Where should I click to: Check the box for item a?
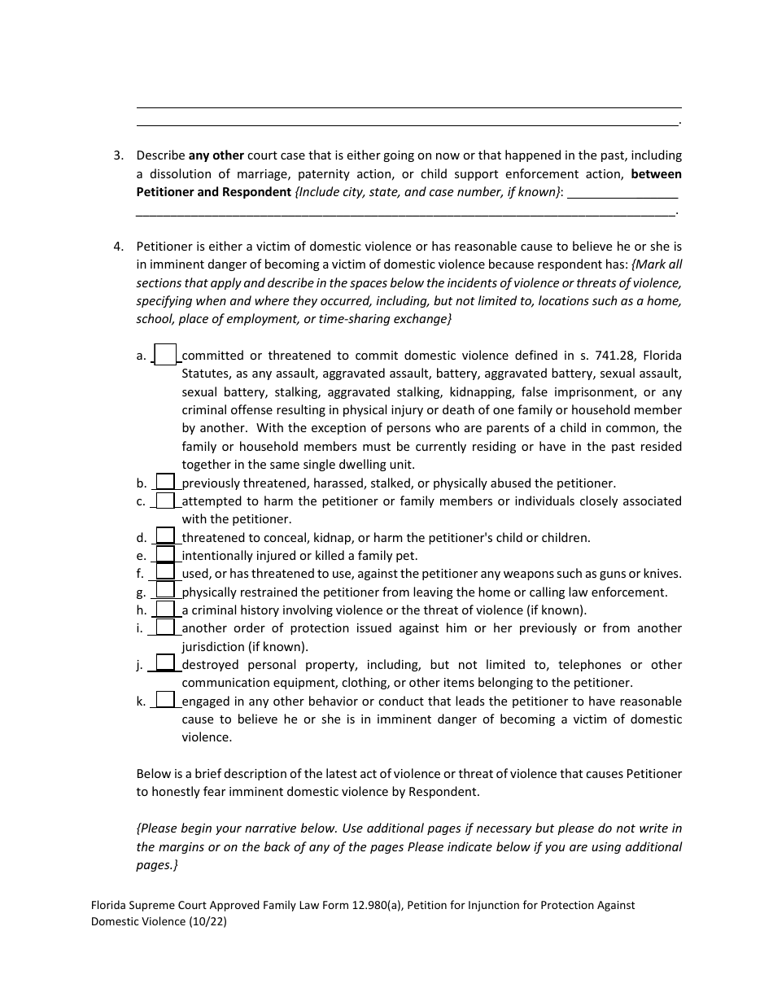pyautogui.click(x=165, y=356)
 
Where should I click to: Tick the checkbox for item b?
pyautogui.click(x=165, y=483)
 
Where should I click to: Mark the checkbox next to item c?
pyautogui.click(x=165, y=500)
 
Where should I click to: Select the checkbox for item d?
pyautogui.click(x=165, y=537)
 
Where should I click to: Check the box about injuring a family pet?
pyautogui.click(x=165, y=555)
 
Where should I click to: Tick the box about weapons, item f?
pyautogui.click(x=165, y=573)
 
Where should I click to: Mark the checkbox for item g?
pyautogui.click(x=165, y=592)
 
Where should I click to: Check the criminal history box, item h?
pyautogui.click(x=165, y=610)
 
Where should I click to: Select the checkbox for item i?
pyautogui.click(x=165, y=627)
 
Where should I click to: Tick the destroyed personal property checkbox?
pyautogui.click(x=165, y=664)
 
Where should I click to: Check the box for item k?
pyautogui.click(x=165, y=701)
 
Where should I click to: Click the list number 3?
pyautogui.click(x=118, y=155)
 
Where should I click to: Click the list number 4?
pyautogui.click(x=118, y=246)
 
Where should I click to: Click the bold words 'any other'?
pyautogui.click(x=216, y=155)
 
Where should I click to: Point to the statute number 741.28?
pyautogui.click(x=619, y=356)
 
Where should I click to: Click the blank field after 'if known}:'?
pyautogui.click(x=622, y=192)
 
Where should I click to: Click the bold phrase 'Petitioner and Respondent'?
pyautogui.click(x=213, y=192)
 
